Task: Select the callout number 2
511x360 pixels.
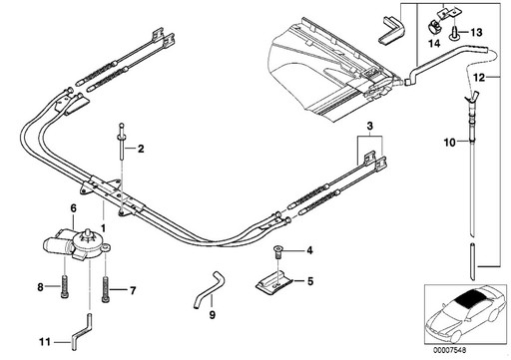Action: point(142,150)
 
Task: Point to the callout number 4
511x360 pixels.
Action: point(309,249)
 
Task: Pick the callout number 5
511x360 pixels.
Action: point(309,282)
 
